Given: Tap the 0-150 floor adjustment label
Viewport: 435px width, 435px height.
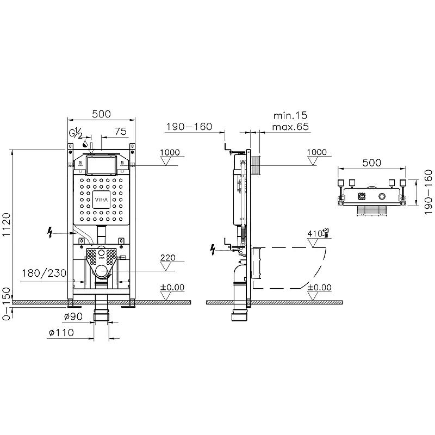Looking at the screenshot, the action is (x=6, y=304).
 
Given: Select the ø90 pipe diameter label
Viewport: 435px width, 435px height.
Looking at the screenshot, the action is (x=73, y=316).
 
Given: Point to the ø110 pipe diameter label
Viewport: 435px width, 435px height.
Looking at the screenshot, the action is (x=61, y=332).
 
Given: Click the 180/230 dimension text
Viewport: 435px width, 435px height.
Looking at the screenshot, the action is (x=44, y=274).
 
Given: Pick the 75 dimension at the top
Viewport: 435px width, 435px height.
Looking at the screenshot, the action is (x=120, y=132).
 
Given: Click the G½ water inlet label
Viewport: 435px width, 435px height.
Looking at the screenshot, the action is (x=76, y=134).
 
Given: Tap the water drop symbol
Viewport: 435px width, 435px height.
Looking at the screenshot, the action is (x=85, y=144).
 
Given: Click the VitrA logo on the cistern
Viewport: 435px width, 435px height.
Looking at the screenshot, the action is (x=101, y=200).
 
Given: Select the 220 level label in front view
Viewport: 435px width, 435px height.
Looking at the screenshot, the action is (x=168, y=258).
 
